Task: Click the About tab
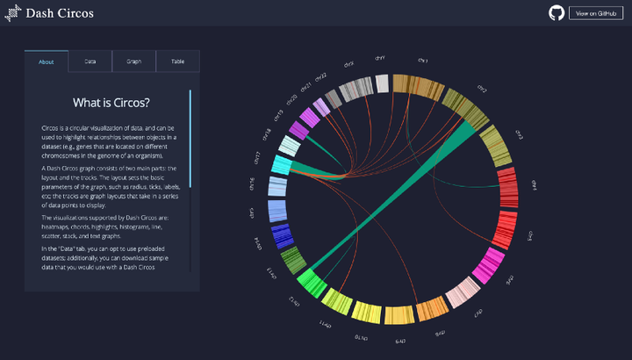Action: click(x=47, y=61)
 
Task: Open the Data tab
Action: click(x=90, y=61)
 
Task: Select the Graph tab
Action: click(x=133, y=61)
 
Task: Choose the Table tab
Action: click(x=177, y=61)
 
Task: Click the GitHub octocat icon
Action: click(x=557, y=12)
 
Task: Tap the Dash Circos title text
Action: click(x=60, y=13)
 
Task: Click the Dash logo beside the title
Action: click(x=13, y=13)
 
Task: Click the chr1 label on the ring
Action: click(x=422, y=61)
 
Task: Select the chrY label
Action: click(x=380, y=58)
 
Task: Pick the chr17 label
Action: click(x=257, y=157)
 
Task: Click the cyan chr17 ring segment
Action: click(x=281, y=164)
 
